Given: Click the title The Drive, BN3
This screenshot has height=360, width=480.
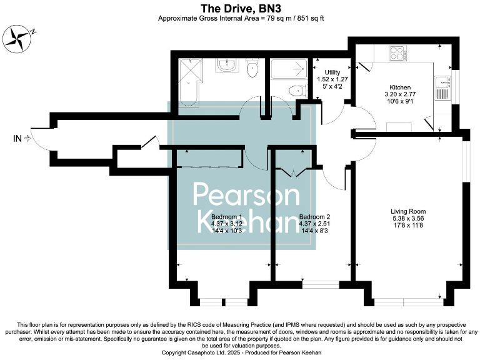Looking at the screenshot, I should point(240,8).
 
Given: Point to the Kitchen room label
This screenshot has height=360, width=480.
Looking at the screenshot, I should point(400,87).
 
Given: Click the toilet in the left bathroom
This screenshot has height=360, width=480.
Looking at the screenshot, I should point(252,67).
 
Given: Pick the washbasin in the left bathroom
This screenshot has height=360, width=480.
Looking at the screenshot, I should point(225,65).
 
